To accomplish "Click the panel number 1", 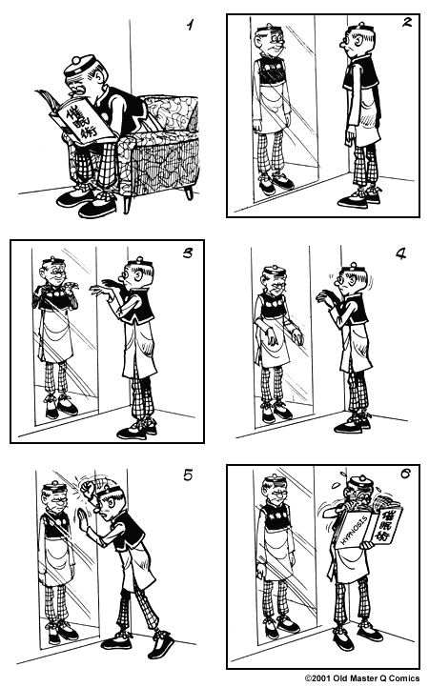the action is pos(190,25).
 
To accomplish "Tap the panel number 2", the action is pos(407,22).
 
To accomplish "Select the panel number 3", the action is pos(188,253).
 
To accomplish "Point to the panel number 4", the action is pos(400,253).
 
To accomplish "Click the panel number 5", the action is pos(188,475).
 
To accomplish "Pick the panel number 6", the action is pos(405,474).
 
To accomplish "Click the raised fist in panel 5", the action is pos(91,486).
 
